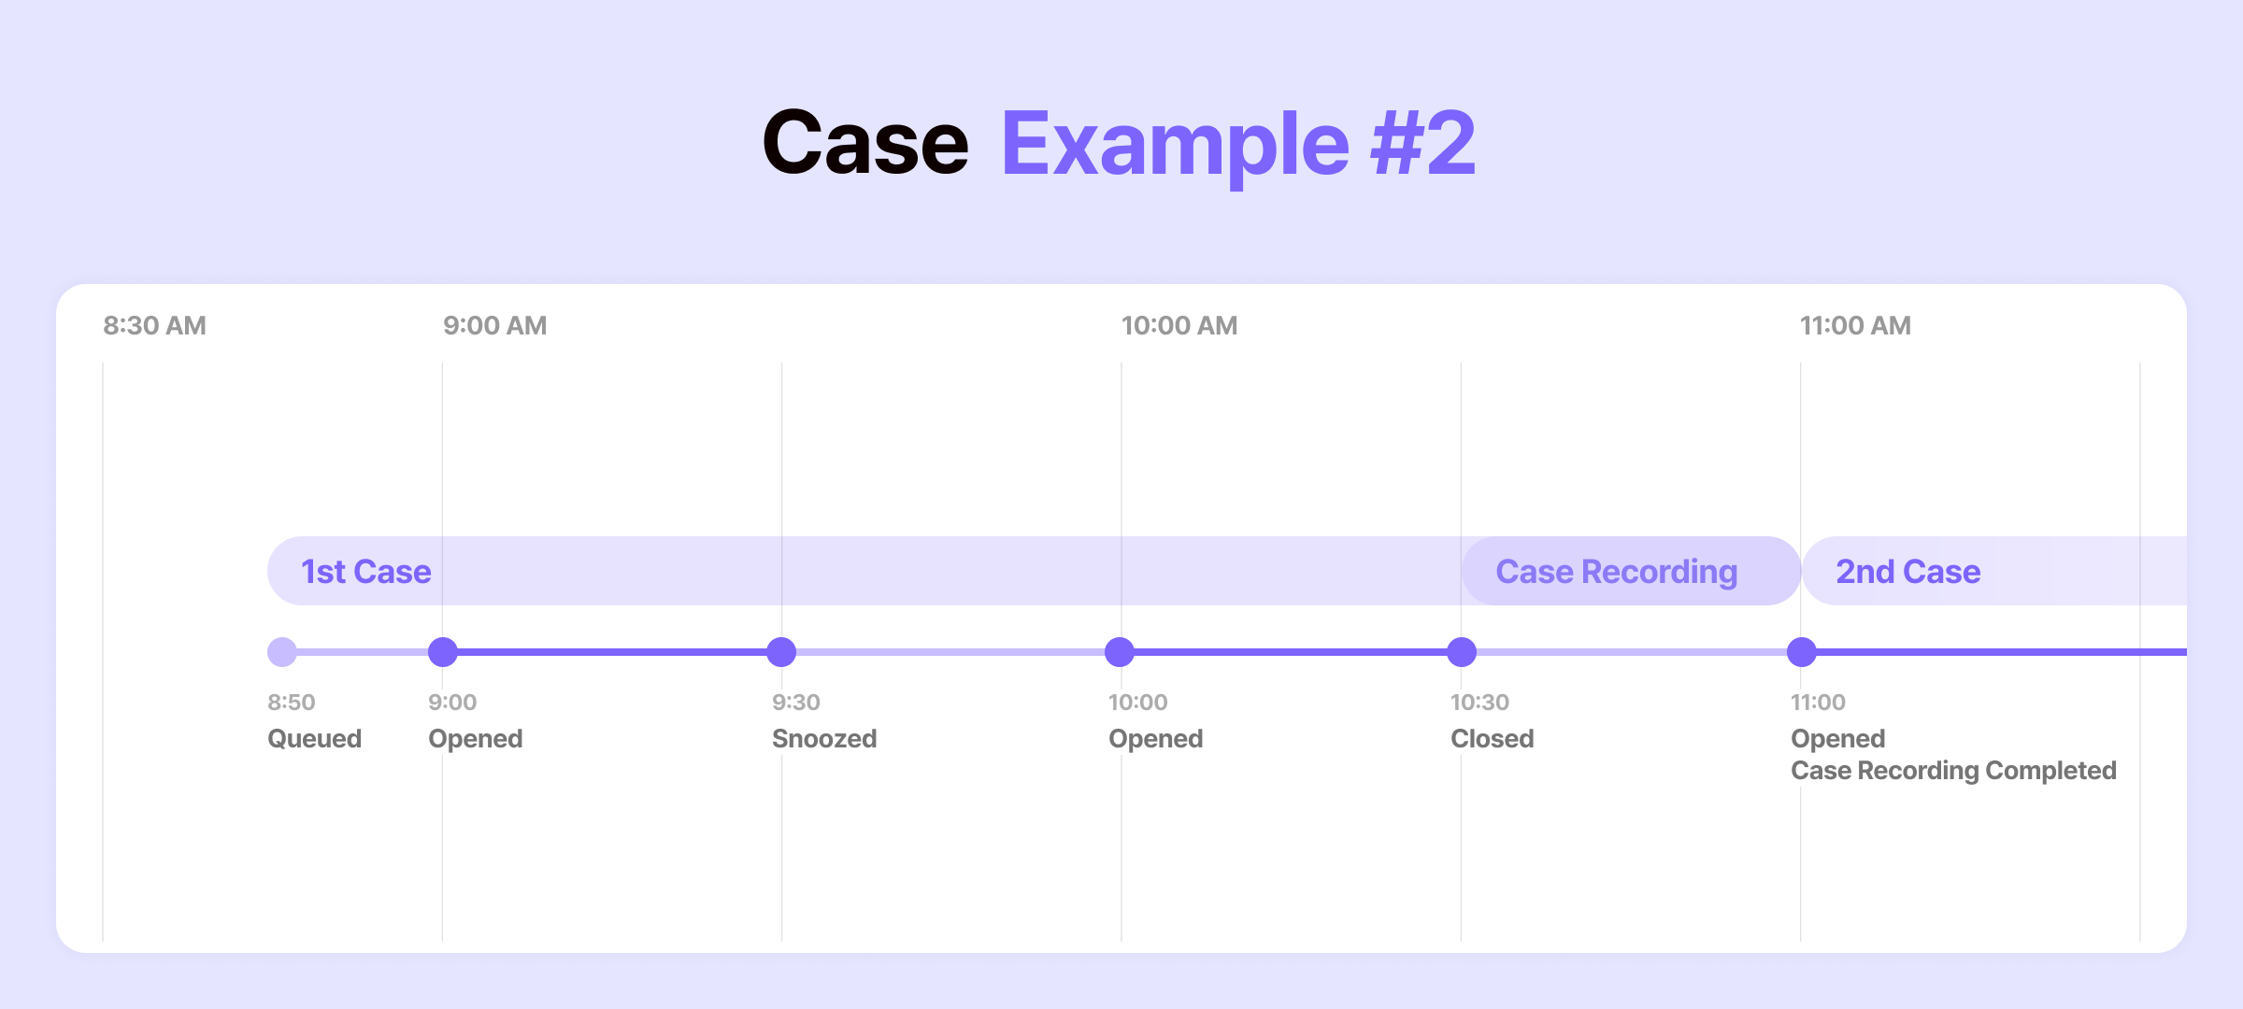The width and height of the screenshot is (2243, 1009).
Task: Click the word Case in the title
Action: (x=865, y=143)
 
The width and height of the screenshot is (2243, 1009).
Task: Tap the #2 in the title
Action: (x=1423, y=143)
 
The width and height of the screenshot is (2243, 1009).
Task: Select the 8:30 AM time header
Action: (x=154, y=326)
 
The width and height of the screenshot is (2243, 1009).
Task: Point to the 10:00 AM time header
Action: (x=1179, y=326)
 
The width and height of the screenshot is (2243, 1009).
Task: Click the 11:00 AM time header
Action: (x=1855, y=326)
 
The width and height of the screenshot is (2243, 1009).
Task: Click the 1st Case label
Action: (x=366, y=572)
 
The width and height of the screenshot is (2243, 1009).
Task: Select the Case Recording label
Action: (x=1617, y=572)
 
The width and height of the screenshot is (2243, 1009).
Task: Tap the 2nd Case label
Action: (x=1908, y=572)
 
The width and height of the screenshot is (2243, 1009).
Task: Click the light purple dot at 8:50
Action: (x=282, y=652)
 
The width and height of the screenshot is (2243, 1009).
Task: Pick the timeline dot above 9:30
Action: (x=781, y=652)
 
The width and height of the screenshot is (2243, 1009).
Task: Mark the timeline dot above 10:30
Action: (x=1462, y=652)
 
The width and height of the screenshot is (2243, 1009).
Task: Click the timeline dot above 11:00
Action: (x=1802, y=652)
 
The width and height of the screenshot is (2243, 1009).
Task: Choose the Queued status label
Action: (x=314, y=739)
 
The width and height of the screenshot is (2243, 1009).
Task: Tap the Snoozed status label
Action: (x=824, y=739)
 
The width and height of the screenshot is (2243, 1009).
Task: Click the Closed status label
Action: (x=1493, y=739)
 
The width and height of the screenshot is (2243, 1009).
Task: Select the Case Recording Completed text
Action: (x=1953, y=771)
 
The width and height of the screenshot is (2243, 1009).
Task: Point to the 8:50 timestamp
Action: (x=292, y=703)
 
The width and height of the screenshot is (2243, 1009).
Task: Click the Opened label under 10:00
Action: (x=1155, y=739)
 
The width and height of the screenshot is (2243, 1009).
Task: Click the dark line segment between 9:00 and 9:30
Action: (x=612, y=652)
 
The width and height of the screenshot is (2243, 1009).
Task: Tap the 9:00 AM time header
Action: (x=495, y=326)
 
